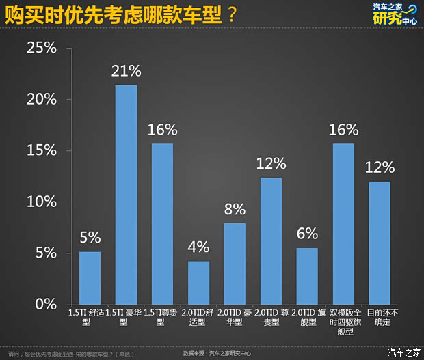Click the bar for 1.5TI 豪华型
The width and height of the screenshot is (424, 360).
coord(126,195)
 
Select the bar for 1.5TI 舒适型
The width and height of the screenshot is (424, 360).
coord(90,278)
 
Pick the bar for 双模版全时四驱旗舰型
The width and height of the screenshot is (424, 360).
coord(343,224)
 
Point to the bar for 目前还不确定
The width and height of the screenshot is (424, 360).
coord(379,243)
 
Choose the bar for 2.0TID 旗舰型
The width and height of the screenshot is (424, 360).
coord(306,276)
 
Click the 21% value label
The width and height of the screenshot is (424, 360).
coord(127,71)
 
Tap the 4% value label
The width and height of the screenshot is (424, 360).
coord(198,247)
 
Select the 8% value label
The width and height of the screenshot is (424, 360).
coord(235,209)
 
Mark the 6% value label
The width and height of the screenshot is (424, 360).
coord(307,234)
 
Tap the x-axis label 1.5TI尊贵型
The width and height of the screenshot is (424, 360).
coord(162,317)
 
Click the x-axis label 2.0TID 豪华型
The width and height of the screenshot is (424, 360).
coord(235,317)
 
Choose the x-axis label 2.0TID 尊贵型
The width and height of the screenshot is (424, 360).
coord(271,317)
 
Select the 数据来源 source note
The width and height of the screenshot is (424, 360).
coord(217,353)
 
